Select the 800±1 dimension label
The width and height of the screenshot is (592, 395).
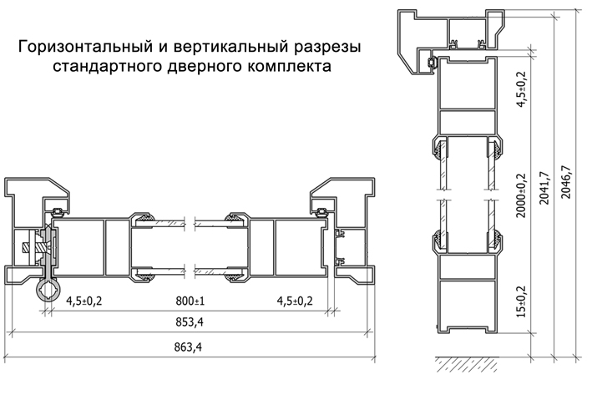click(190, 301)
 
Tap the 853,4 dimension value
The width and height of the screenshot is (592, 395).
click(190, 322)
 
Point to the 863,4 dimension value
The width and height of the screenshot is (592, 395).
click(188, 347)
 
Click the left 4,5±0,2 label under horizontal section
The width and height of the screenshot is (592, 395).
click(84, 301)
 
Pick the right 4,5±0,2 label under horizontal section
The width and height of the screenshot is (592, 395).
click(295, 301)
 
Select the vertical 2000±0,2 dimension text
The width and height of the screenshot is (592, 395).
click(521, 195)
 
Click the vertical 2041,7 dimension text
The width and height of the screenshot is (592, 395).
click(544, 188)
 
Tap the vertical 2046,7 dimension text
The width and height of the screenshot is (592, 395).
click(567, 182)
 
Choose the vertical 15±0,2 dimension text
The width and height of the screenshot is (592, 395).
click(521, 301)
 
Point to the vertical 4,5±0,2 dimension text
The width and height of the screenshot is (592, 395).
click(521, 89)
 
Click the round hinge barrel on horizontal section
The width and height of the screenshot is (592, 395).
click(48, 291)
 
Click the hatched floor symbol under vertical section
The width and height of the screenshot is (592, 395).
click(468, 363)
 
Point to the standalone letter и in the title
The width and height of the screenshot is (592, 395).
click(161, 48)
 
